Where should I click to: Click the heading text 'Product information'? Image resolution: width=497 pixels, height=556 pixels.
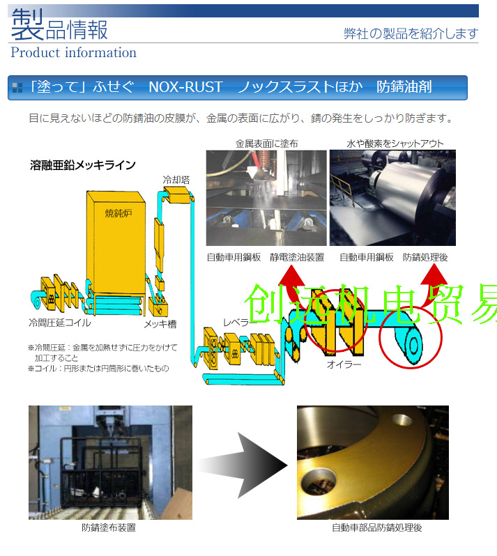point(73,53)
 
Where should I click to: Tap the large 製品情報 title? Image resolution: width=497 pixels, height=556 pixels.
point(60,29)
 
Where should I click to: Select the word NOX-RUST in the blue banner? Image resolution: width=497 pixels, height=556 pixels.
point(185,87)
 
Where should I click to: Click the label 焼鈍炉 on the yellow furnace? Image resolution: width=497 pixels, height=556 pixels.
point(118,213)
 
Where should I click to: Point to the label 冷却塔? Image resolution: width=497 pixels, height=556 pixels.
point(176,180)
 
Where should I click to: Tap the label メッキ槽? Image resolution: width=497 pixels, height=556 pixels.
point(160,324)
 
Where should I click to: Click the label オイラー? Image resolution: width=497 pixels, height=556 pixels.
point(344,365)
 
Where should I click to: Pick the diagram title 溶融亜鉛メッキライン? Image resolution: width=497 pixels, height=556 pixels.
point(83,165)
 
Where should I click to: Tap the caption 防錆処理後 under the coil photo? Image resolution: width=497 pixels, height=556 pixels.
point(425,257)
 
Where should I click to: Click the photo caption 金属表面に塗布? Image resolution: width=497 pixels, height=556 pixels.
point(266,144)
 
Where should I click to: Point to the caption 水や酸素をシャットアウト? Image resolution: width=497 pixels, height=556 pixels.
point(395,144)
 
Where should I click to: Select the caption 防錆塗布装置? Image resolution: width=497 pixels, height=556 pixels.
point(109,527)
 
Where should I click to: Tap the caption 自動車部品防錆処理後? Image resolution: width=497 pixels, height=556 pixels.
point(376,527)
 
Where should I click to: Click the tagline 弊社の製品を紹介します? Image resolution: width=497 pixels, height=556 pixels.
point(411,33)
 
